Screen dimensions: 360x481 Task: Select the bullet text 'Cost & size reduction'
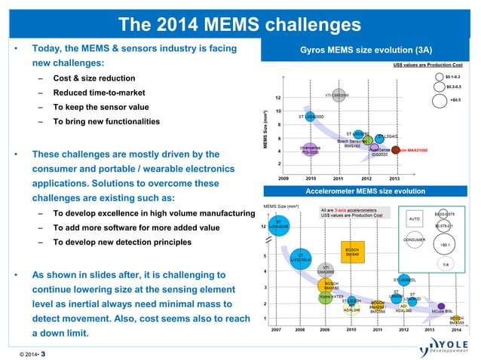tap(93, 78)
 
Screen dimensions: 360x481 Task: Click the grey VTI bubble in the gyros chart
tap(337, 96)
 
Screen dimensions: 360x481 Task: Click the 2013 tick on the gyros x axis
tap(394, 178)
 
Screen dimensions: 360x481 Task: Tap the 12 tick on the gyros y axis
tap(279, 97)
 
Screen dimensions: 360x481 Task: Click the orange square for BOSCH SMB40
tap(351, 254)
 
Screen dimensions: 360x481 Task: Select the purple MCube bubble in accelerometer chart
tap(441, 307)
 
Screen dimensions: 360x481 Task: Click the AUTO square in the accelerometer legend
tap(413, 219)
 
